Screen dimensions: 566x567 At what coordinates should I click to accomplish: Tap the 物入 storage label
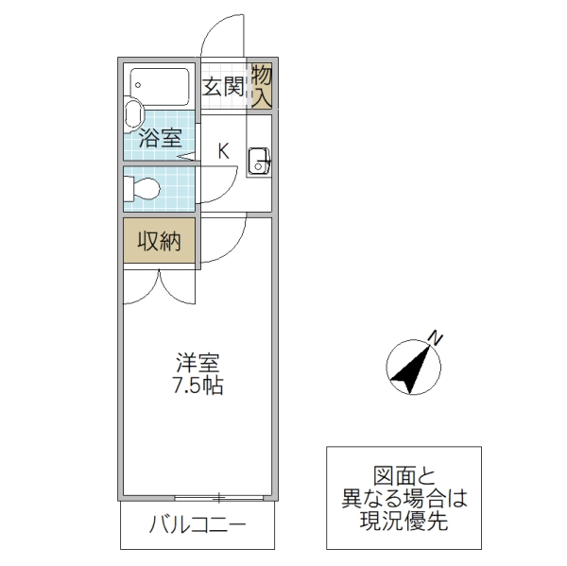coord(261,85)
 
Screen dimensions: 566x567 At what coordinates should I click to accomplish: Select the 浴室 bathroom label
coord(159,138)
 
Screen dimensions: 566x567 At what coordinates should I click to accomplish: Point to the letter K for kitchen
coord(224,149)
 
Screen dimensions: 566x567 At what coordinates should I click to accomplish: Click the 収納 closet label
coord(159,241)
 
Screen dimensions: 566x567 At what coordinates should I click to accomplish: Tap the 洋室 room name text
coord(198,363)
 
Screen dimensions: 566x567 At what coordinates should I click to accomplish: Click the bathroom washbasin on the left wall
coord(131,117)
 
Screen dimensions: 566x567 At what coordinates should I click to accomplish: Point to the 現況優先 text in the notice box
coord(404,519)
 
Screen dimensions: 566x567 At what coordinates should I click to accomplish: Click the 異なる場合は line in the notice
coord(404,498)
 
